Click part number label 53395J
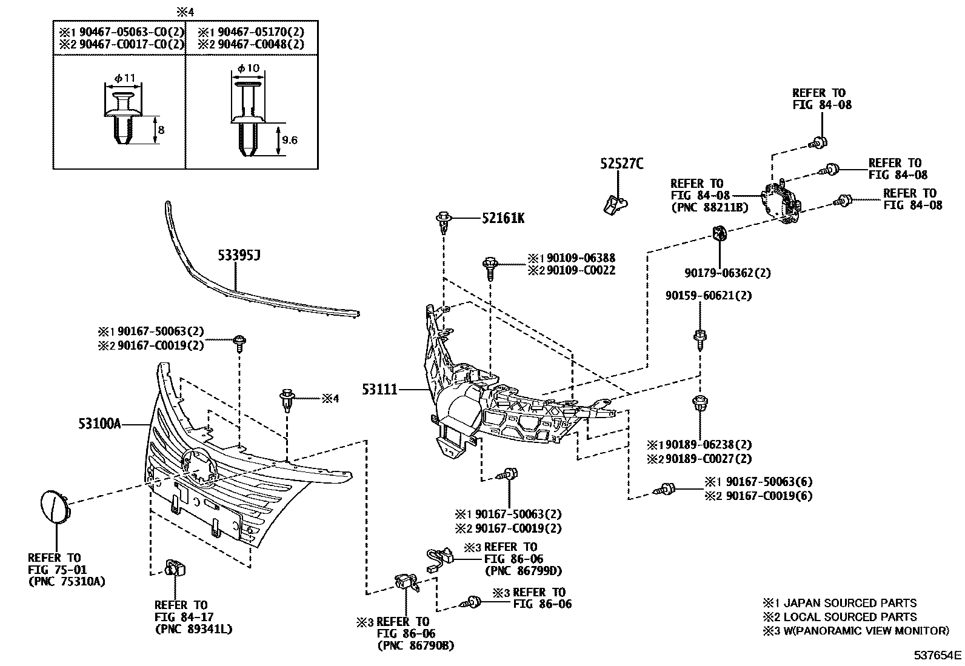[x=239, y=256]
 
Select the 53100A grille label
[x=99, y=424]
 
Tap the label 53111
[x=379, y=389]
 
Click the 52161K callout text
[x=503, y=218]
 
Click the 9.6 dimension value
[x=290, y=140]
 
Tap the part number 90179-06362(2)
[x=727, y=273]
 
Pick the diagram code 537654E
[x=938, y=655]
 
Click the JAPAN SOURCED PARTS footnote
[x=849, y=603]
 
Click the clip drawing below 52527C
[x=615, y=204]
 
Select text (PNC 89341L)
[x=193, y=629]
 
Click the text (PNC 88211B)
[x=709, y=207]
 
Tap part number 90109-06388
[x=580, y=258]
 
